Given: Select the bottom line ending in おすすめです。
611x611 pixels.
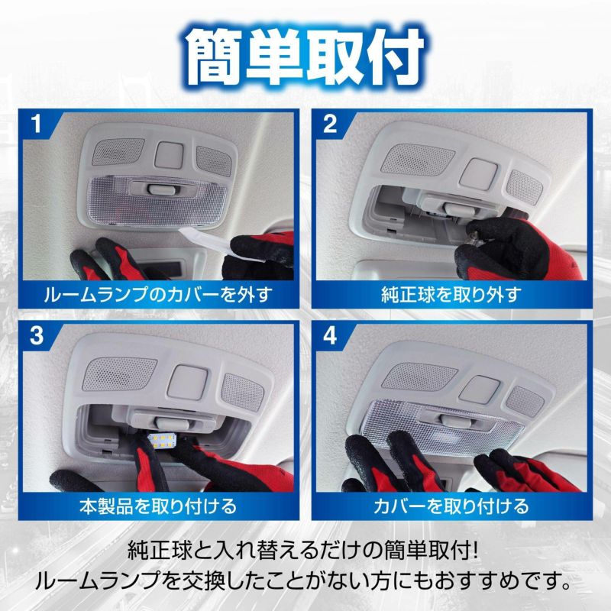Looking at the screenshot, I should pos(305,584).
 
